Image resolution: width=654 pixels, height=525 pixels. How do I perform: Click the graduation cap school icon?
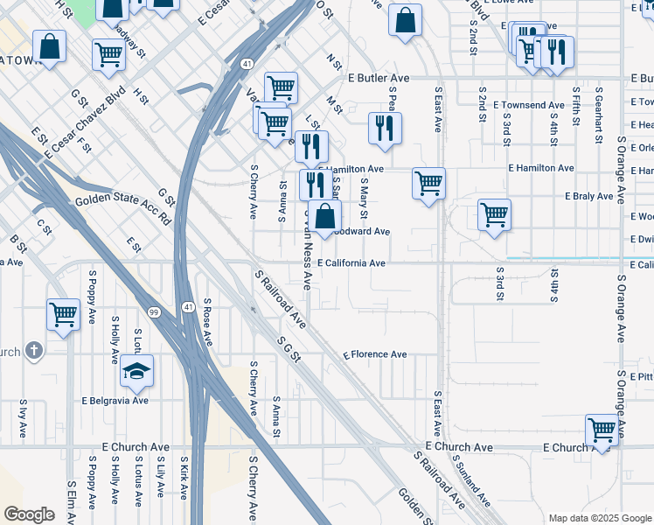(x=137, y=372)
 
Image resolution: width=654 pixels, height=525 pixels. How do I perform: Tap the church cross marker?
(x=34, y=351)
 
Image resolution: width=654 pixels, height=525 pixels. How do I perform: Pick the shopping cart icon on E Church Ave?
(x=602, y=431)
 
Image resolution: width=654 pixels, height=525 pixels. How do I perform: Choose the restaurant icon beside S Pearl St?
(x=385, y=129)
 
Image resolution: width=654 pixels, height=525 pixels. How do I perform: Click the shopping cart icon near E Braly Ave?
(x=495, y=214)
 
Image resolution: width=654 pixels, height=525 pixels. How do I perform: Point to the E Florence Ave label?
(x=375, y=354)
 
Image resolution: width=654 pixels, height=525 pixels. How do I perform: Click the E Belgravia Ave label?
(x=115, y=401)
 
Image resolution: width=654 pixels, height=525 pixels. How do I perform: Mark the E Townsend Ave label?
(x=529, y=105)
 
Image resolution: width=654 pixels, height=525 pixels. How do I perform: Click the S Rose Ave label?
(x=207, y=320)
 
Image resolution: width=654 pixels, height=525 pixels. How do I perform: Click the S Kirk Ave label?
(x=184, y=477)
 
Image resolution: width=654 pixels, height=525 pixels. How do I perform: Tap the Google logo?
(x=29, y=514)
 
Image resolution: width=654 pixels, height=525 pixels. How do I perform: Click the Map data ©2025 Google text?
(x=600, y=518)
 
